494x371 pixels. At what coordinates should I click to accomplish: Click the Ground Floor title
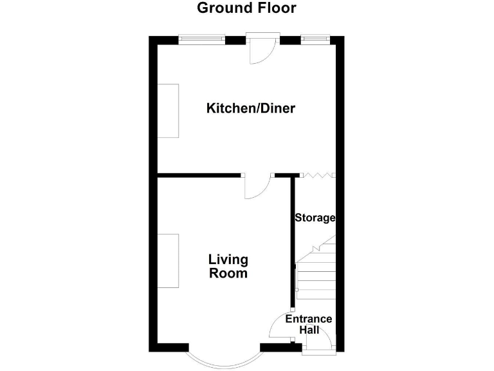[x=246, y=8]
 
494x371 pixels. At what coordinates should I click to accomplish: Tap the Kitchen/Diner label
[x=250, y=108]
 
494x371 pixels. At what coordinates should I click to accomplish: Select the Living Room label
[x=228, y=267]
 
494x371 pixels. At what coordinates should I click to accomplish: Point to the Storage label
[x=315, y=218]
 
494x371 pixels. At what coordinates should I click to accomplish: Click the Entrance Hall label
[x=309, y=325]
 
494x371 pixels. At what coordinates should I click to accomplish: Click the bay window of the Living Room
[x=224, y=356]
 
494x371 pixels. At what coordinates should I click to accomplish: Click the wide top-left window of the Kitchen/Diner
[x=202, y=40]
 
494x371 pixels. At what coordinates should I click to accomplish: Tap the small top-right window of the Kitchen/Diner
[x=315, y=40]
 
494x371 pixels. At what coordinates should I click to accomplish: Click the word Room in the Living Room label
[x=228, y=274]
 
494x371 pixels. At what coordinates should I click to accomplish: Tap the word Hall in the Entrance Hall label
[x=309, y=330]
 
